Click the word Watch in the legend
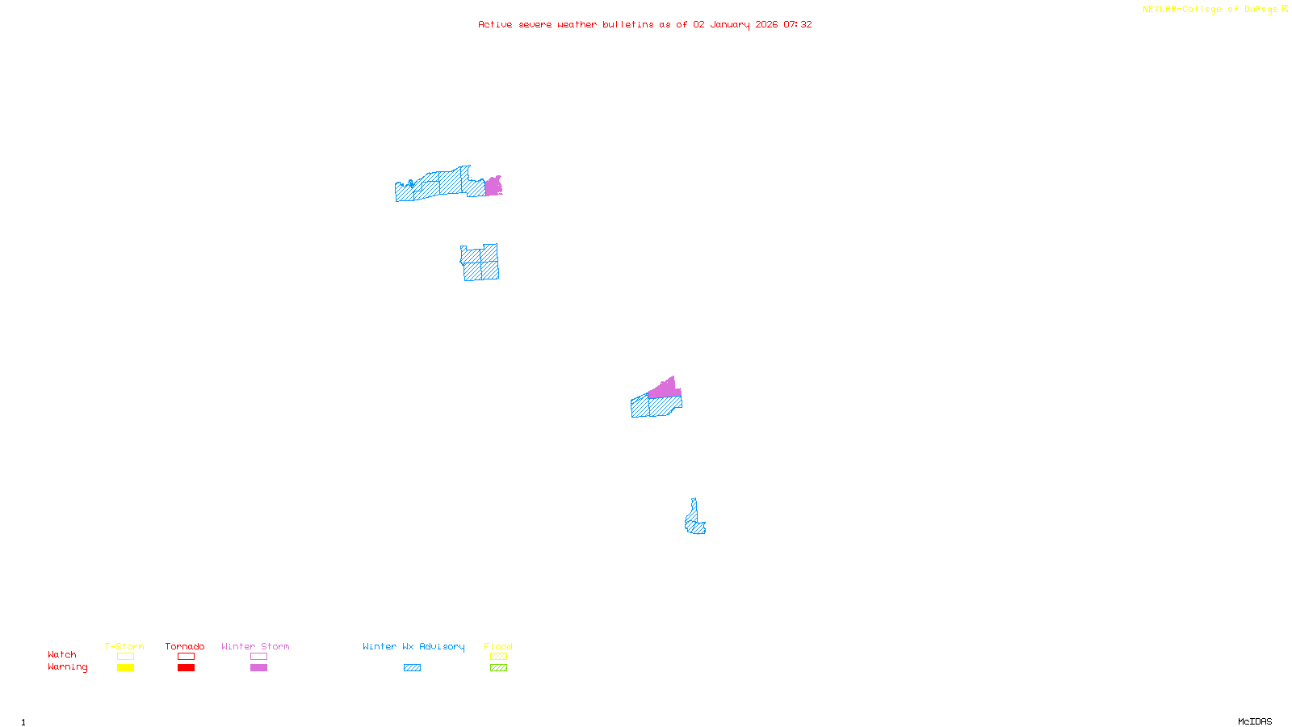click(62, 655)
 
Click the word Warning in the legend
click(68, 667)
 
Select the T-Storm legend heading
click(124, 646)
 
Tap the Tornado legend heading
click(185, 646)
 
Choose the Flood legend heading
click(498, 646)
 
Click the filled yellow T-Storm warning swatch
click(125, 668)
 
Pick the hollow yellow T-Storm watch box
click(125, 657)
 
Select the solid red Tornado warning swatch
click(186, 668)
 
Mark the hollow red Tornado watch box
click(186, 657)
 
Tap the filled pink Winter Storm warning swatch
click(258, 668)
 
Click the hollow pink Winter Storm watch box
click(258, 657)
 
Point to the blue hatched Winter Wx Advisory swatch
click(412, 668)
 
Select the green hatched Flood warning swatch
click(498, 668)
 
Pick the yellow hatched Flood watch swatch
click(498, 657)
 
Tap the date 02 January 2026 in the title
click(735, 24)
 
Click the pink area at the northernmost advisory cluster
click(493, 187)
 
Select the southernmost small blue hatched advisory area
click(694, 521)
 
